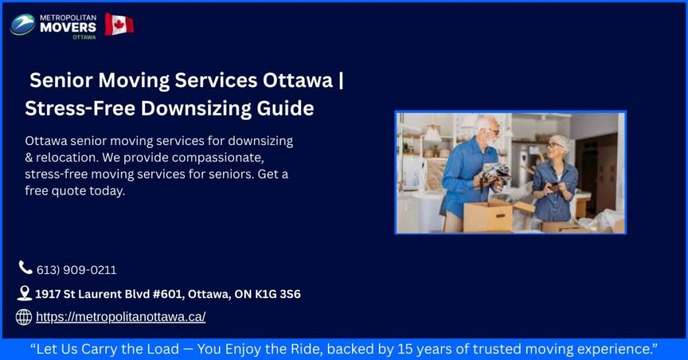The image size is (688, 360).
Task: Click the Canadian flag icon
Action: pyautogui.click(x=119, y=24)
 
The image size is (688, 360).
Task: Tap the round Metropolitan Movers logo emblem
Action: pyautogui.click(x=23, y=25)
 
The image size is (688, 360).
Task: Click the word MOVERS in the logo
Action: pyautogui.click(x=68, y=27)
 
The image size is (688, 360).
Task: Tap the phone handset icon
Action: pyautogui.click(x=26, y=268)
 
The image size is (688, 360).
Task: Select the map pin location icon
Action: pyautogui.click(x=25, y=293)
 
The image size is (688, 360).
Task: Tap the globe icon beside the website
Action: pyautogui.click(x=24, y=317)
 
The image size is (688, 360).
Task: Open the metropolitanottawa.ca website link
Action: pyautogui.click(x=120, y=317)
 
